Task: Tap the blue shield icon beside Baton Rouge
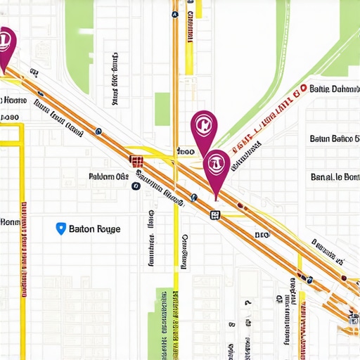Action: point(60,228)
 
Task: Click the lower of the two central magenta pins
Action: point(216,167)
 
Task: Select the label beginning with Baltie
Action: point(334,89)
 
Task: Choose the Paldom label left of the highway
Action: point(108,176)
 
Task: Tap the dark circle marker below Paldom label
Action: point(134,186)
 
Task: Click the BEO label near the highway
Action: point(262,235)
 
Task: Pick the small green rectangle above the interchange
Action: point(162,109)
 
